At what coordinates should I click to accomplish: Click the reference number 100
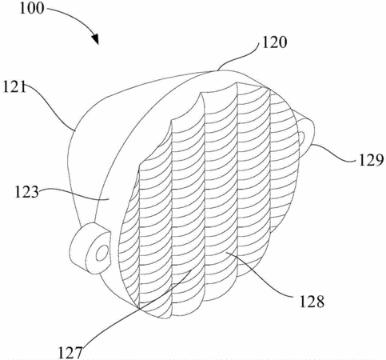[x=32, y=8]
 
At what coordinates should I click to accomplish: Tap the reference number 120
[x=275, y=42]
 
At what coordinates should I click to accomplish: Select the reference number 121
[x=14, y=86]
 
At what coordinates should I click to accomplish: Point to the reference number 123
[x=26, y=192]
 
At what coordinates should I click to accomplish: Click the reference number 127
[x=70, y=353]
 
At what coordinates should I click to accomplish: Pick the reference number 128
[x=312, y=302]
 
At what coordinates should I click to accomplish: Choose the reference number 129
[x=371, y=160]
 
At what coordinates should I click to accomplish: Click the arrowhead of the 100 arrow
[x=94, y=39]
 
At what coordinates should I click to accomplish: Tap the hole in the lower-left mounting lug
[x=101, y=253]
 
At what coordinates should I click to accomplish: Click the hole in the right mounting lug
[x=301, y=138]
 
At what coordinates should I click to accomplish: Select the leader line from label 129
[x=334, y=154]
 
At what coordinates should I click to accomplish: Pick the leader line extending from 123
[x=74, y=193]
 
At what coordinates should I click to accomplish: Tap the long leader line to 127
[x=136, y=310]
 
